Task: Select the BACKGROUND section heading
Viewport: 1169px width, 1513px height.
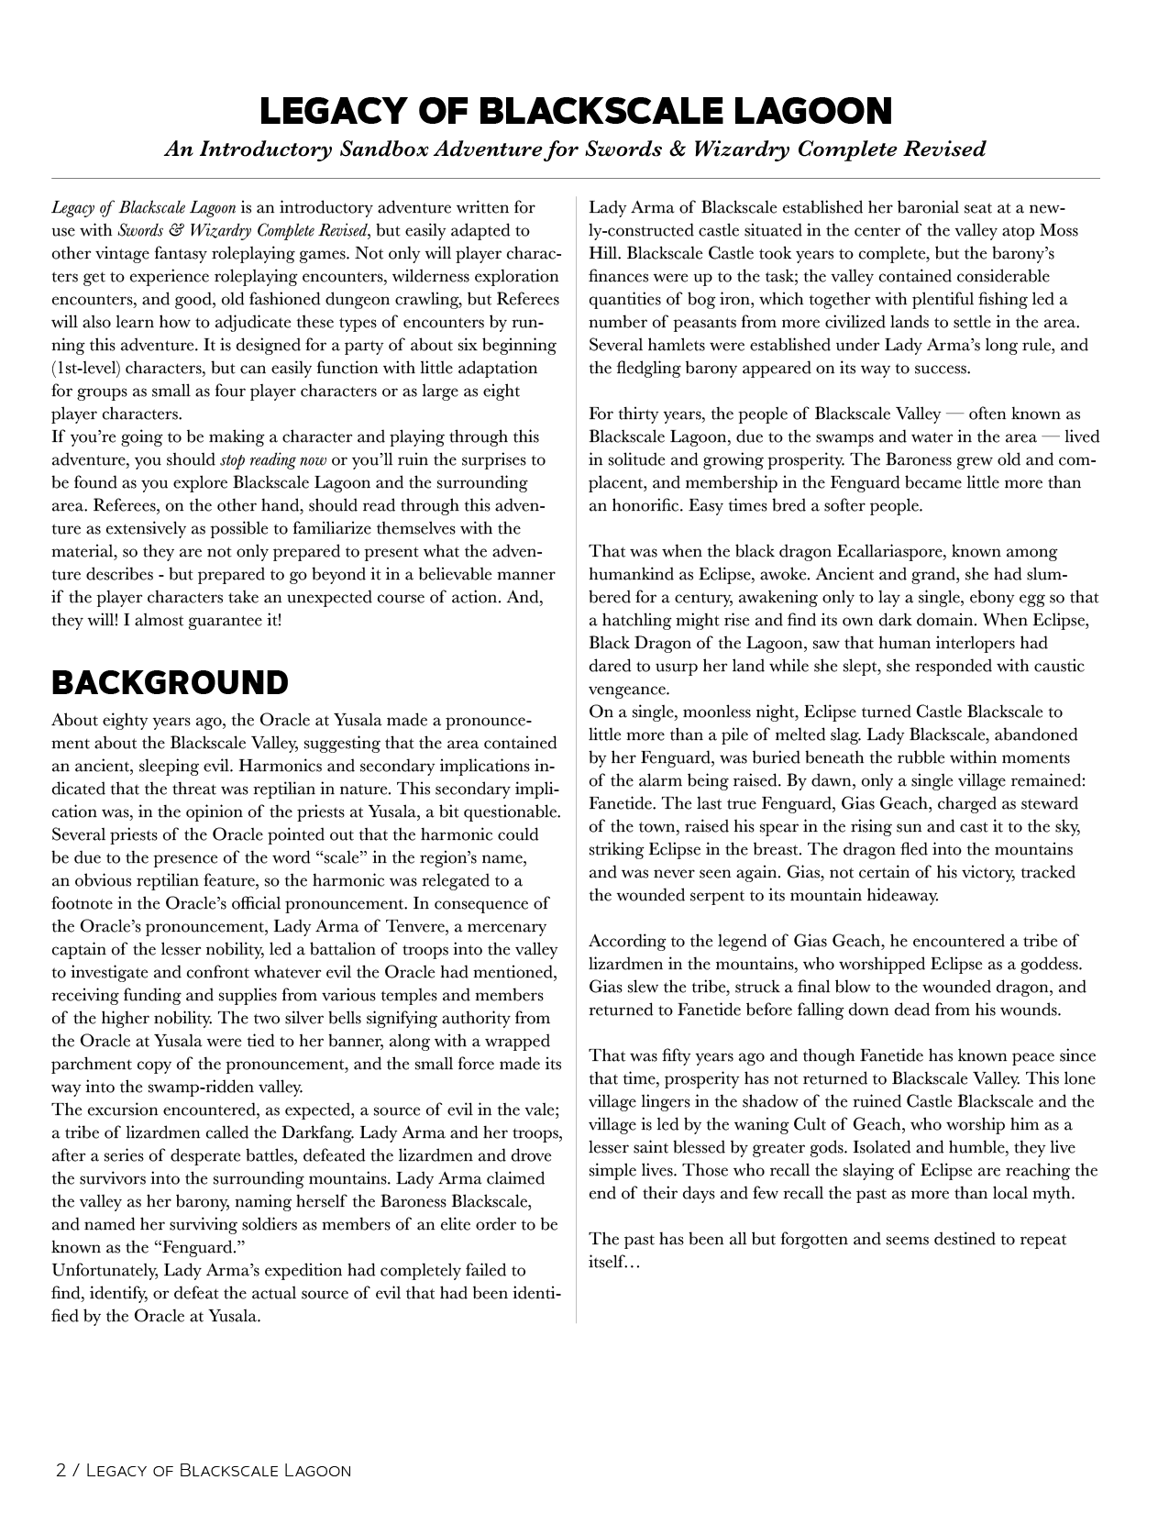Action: (171, 682)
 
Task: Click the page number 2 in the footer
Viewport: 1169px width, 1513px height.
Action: (61, 1470)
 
